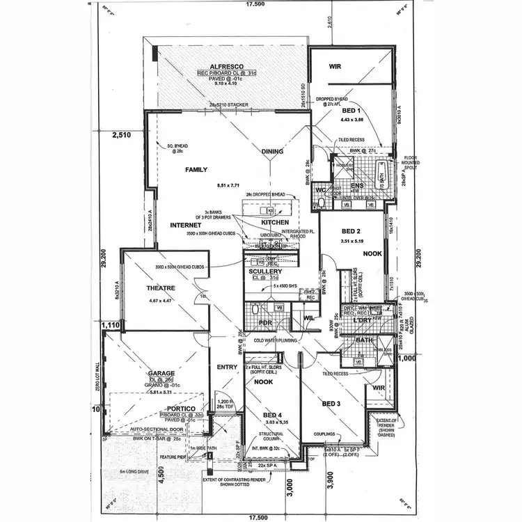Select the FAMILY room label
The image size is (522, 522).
[197, 169]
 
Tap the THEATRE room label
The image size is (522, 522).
[160, 287]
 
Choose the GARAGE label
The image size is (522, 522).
[160, 374]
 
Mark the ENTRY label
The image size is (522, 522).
[226, 367]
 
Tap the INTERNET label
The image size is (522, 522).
[185, 226]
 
